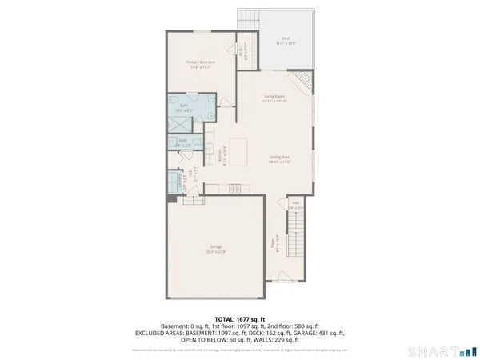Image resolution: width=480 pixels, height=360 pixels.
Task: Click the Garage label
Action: coord(216,248)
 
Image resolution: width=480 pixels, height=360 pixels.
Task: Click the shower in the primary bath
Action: coord(180,125)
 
